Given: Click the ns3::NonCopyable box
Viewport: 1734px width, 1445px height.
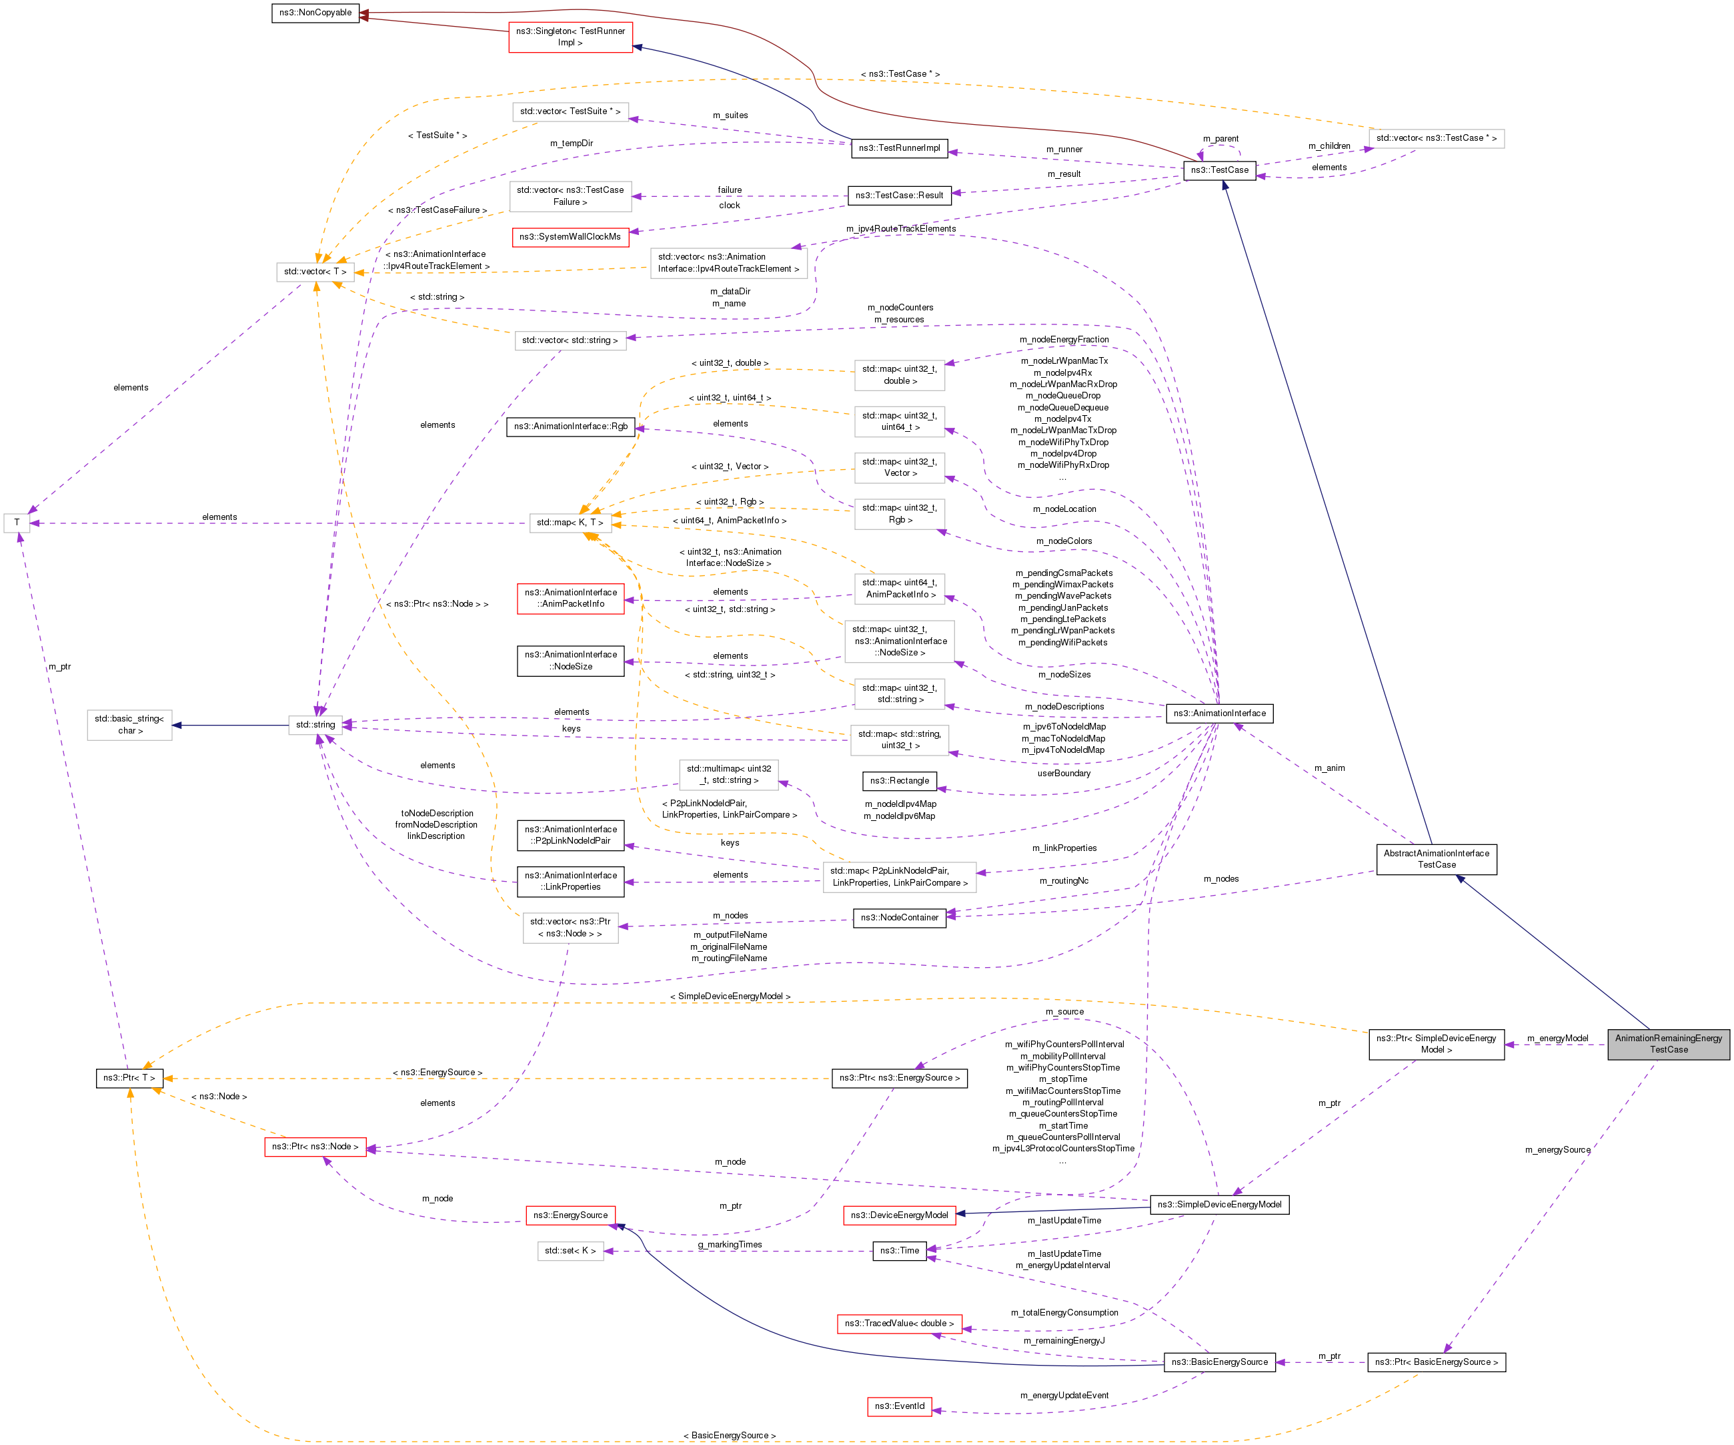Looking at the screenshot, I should tap(315, 13).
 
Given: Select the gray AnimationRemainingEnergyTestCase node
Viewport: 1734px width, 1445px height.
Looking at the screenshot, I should tap(1668, 1043).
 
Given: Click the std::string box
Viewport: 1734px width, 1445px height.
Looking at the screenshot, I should tap(315, 725).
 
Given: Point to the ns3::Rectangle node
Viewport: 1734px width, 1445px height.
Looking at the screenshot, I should tap(899, 781).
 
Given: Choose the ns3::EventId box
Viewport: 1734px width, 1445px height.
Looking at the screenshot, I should tap(899, 1406).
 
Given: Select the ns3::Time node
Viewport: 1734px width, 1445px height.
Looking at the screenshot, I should tap(899, 1250).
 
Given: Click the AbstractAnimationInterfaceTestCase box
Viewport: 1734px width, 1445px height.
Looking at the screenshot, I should tap(1436, 859).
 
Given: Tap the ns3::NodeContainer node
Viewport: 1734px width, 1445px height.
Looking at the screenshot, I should tap(899, 917).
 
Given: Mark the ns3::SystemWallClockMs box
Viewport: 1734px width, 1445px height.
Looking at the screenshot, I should tap(570, 237).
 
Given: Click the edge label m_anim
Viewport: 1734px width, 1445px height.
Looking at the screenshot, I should tap(1329, 768).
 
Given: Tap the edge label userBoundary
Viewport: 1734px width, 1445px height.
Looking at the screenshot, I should tap(1064, 774).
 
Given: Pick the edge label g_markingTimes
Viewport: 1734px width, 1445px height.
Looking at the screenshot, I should tap(730, 1244).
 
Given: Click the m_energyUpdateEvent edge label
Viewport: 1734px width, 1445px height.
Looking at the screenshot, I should tap(1064, 1396).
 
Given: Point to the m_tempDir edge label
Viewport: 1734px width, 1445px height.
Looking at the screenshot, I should tap(572, 143).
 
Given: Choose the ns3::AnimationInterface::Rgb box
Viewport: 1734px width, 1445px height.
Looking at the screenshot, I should tap(570, 426).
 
